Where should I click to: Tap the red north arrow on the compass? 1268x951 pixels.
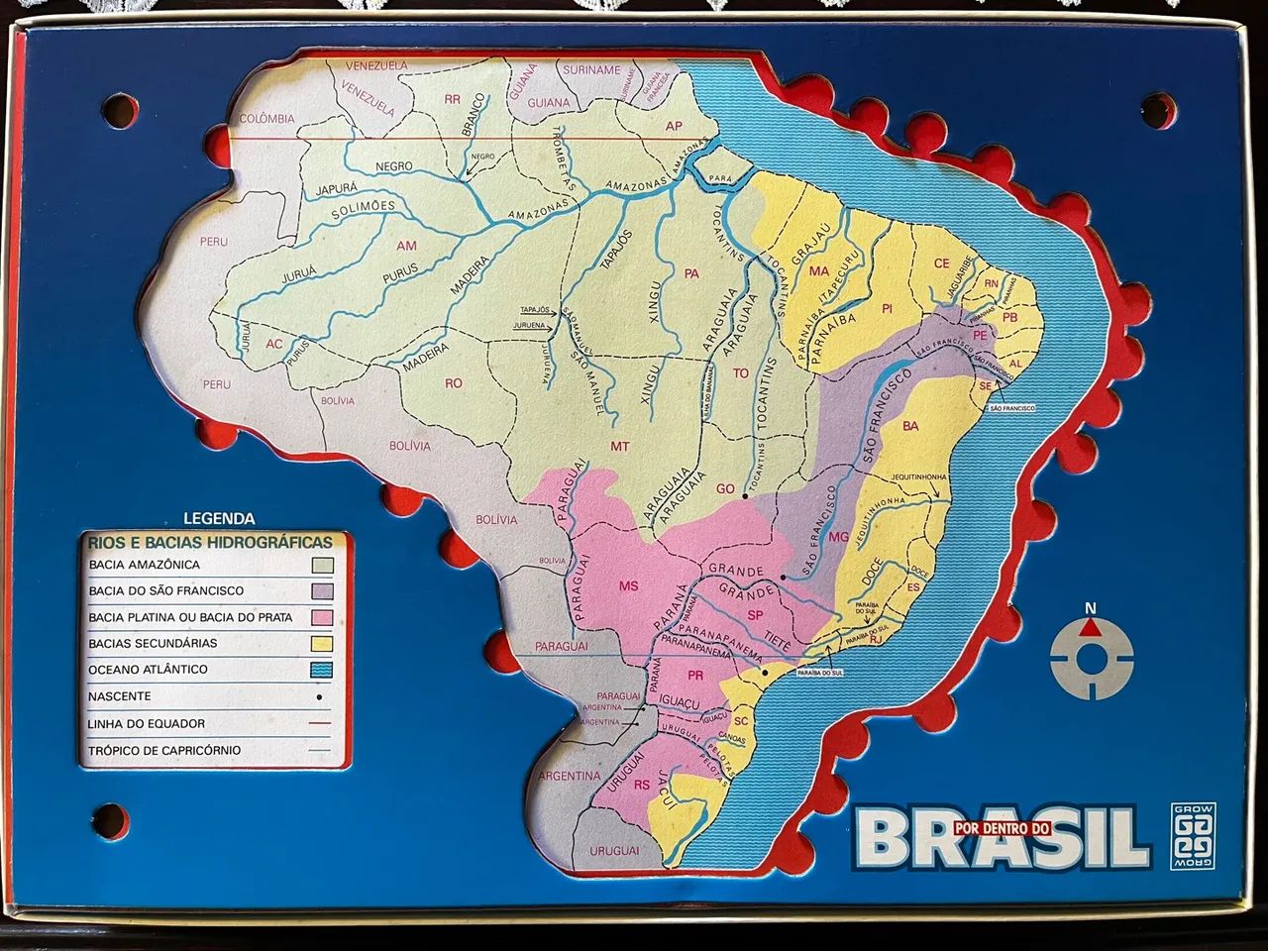(1091, 627)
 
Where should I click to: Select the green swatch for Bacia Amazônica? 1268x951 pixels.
(323, 565)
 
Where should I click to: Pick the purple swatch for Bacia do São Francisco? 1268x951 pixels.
(323, 591)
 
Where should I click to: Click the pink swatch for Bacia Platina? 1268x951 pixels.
(323, 617)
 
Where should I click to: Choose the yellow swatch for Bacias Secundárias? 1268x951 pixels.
(323, 643)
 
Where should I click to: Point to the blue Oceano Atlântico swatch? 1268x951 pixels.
(323, 670)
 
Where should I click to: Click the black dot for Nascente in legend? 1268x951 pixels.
(320, 696)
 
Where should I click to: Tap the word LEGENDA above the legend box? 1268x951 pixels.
(219, 518)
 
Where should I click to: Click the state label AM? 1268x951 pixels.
(406, 246)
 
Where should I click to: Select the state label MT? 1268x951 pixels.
(619, 447)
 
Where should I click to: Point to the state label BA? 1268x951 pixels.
(909, 427)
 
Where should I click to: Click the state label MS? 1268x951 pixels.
(628, 586)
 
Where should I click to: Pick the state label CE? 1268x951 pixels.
(941, 264)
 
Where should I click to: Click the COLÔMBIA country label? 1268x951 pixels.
(266, 119)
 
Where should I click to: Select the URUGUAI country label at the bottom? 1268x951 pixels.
(614, 850)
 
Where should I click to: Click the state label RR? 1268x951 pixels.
(453, 99)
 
